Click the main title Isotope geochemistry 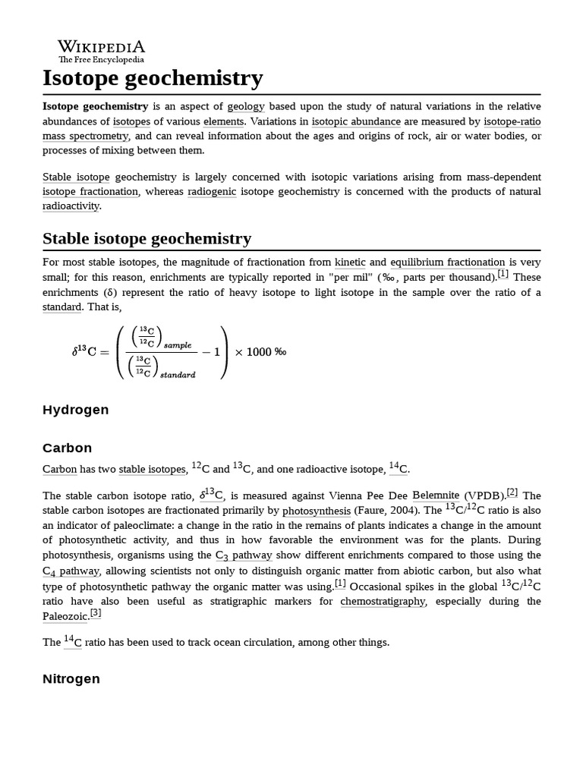click(x=153, y=77)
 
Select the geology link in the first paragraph click(x=246, y=107)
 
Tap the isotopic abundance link click(x=356, y=121)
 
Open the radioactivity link click(x=71, y=206)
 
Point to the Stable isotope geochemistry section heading click(x=147, y=238)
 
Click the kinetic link click(x=350, y=263)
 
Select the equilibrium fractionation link click(x=447, y=263)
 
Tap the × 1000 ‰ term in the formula click(x=260, y=352)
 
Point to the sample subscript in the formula click(x=178, y=345)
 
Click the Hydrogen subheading click(x=76, y=410)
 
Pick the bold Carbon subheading click(x=68, y=448)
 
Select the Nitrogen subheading click(x=71, y=679)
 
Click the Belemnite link click(x=436, y=495)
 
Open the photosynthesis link click(x=317, y=511)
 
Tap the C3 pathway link click(x=244, y=555)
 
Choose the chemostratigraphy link click(x=383, y=601)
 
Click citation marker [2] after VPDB click(x=512, y=492)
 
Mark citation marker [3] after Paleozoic click(x=95, y=613)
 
